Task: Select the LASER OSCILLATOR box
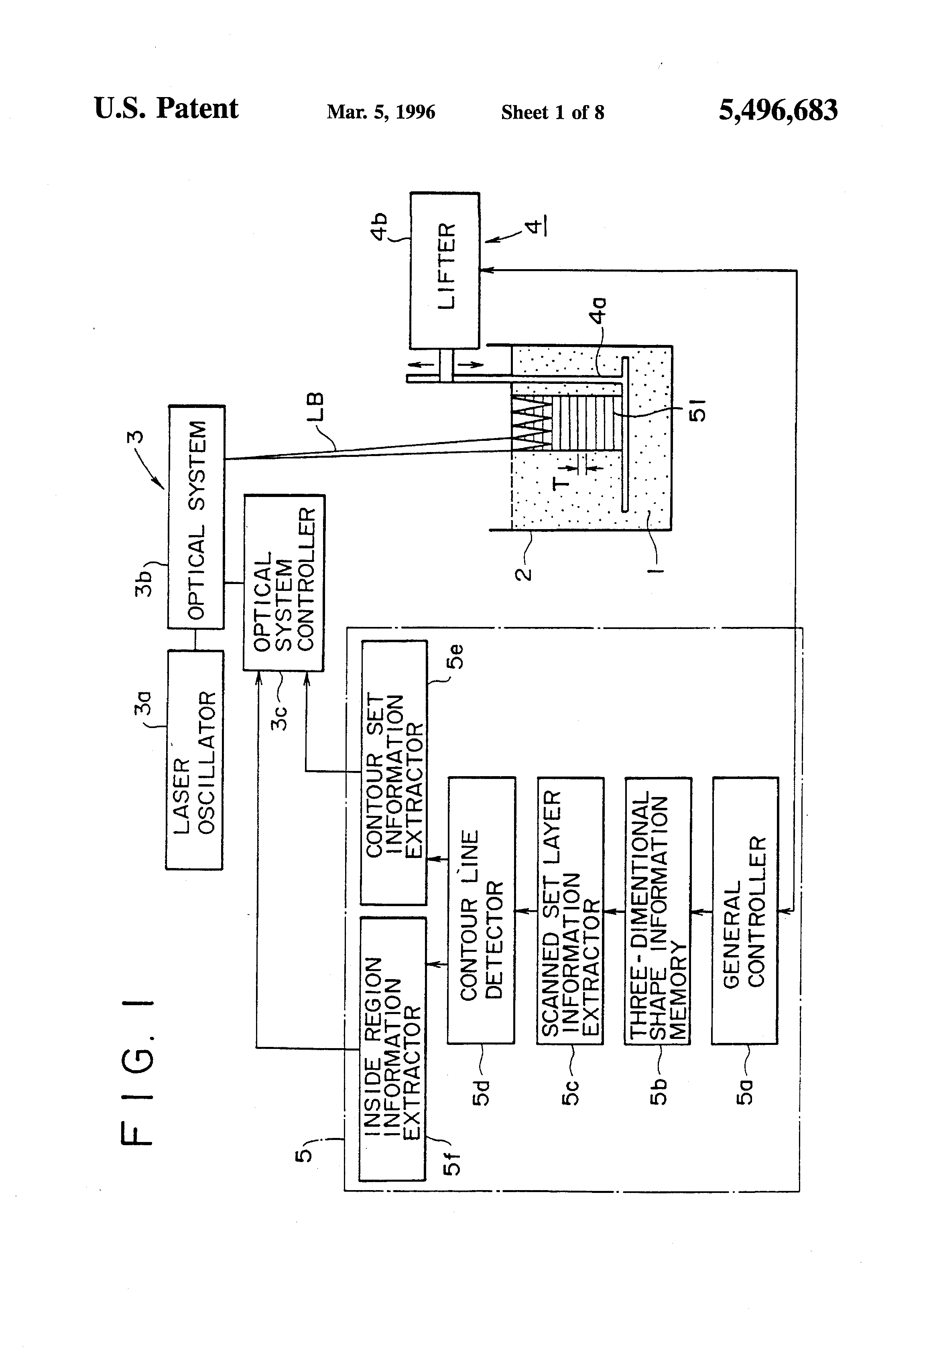pyautogui.click(x=194, y=760)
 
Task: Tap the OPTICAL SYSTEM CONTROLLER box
pyautogui.click(x=284, y=582)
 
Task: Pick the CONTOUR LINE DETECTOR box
pyautogui.click(x=482, y=911)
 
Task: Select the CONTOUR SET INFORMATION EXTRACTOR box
pyautogui.click(x=394, y=772)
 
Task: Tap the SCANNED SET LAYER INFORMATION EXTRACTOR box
pyautogui.click(x=570, y=911)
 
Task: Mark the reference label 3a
pyautogui.click(x=143, y=703)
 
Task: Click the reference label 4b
pyautogui.click(x=380, y=227)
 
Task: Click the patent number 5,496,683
pyautogui.click(x=778, y=110)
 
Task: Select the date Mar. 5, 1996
pyautogui.click(x=381, y=112)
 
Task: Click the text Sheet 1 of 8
pyautogui.click(x=553, y=112)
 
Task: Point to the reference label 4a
pyautogui.click(x=598, y=310)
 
